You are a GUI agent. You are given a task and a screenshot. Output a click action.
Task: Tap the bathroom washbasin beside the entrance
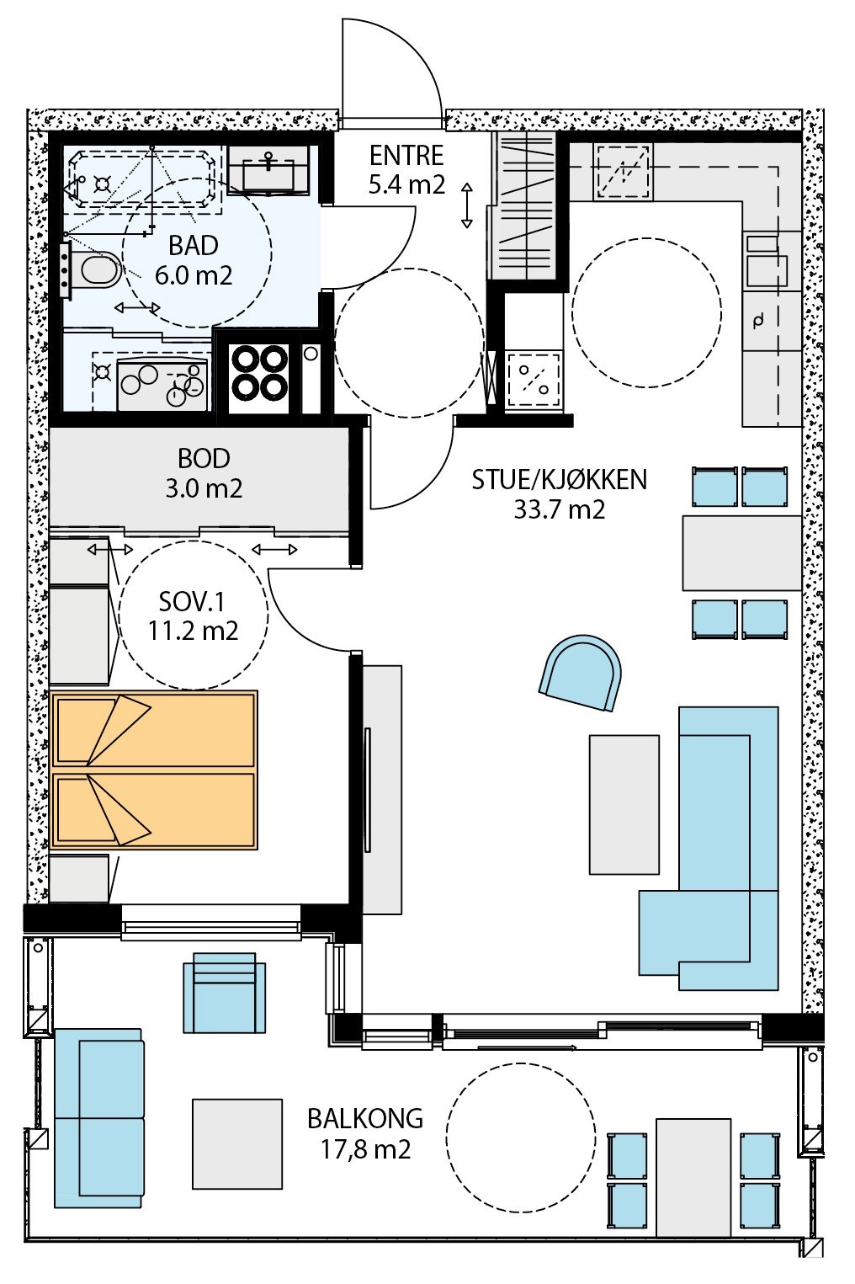(268, 172)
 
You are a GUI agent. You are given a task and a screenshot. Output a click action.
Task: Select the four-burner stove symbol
(259, 373)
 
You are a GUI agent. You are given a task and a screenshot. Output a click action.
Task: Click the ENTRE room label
(406, 156)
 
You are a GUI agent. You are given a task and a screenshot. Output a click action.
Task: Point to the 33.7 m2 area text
(560, 509)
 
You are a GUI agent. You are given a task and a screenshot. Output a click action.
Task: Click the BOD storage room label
(204, 459)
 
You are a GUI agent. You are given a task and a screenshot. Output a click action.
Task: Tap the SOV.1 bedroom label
(193, 602)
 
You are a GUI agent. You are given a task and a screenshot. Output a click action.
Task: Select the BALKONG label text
(364, 1119)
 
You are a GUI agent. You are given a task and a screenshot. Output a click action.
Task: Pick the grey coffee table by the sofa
(624, 804)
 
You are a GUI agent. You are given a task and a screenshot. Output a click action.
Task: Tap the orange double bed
(154, 770)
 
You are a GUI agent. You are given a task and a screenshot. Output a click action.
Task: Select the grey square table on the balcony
(236, 1143)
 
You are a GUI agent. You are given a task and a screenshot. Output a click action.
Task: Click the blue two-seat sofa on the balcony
(98, 1117)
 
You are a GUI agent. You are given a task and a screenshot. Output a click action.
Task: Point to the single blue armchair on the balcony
(224, 994)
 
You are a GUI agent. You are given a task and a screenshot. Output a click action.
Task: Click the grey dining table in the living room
(741, 553)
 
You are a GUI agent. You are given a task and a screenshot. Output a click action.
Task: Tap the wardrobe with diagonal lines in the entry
(527, 205)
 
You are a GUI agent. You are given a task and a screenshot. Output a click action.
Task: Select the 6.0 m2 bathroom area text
(193, 275)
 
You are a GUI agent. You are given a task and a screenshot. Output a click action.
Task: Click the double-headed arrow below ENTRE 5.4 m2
(466, 205)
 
